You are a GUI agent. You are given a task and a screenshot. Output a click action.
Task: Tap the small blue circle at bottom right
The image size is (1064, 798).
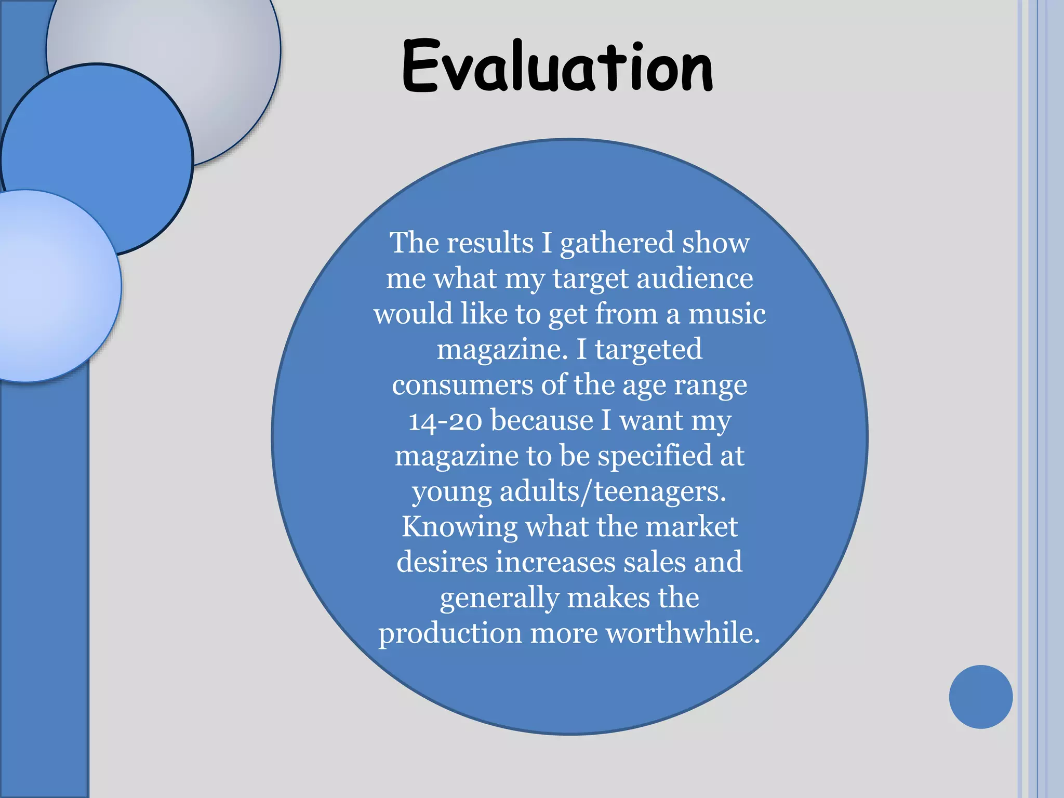(x=980, y=697)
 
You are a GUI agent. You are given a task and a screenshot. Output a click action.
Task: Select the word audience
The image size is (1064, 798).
(x=695, y=278)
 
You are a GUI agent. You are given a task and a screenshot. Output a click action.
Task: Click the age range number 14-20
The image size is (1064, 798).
(x=446, y=421)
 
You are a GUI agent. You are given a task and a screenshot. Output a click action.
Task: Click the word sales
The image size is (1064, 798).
(x=655, y=562)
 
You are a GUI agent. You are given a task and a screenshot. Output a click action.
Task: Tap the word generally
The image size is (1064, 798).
(x=499, y=598)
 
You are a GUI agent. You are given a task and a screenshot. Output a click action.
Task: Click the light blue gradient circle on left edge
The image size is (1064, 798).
(x=52, y=291)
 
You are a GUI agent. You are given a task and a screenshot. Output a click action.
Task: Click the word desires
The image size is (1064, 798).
(x=442, y=562)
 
